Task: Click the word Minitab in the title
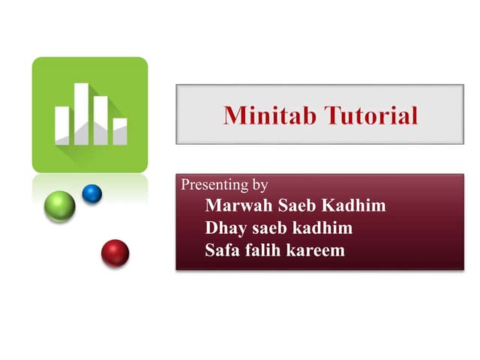point(271,115)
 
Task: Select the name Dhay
point(223,229)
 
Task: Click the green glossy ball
point(60,206)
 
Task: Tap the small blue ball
point(91,193)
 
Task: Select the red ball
point(115,253)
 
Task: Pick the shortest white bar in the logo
point(120,130)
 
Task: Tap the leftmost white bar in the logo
point(61,125)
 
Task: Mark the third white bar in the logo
point(100,120)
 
